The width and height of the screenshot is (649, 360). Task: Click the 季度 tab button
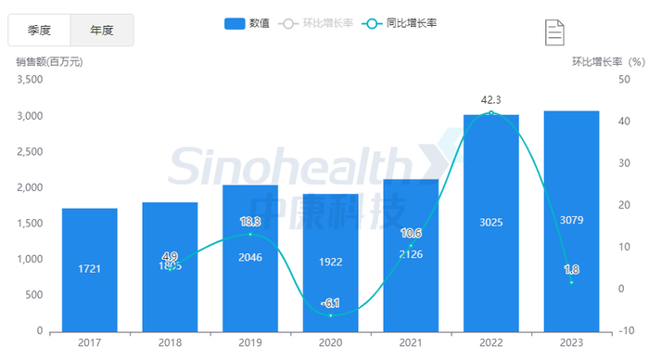tap(39, 31)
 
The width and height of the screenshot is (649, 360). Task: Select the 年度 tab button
tap(102, 31)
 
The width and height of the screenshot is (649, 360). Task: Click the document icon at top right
tap(554, 32)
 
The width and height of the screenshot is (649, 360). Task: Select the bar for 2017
tap(90, 269)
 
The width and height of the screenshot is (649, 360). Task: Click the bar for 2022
tap(491, 223)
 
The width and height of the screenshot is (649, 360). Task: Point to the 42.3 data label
tap(491, 99)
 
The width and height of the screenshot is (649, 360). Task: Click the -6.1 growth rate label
tap(331, 302)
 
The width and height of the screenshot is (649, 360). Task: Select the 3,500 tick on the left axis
tap(31, 80)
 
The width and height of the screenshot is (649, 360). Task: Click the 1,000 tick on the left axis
tap(31, 259)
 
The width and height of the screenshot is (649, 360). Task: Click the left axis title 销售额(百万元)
tap(50, 62)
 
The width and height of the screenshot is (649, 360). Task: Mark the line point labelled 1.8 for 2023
tap(571, 282)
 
